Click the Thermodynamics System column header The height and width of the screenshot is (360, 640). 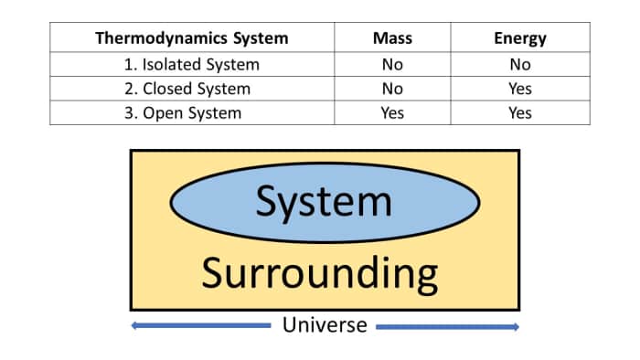(192, 38)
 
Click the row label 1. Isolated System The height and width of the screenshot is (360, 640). (192, 65)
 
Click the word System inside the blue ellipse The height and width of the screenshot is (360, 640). (324, 201)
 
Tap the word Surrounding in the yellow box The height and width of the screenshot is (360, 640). (319, 272)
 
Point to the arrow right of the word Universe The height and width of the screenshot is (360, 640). (447, 326)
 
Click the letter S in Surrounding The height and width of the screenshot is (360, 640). (213, 272)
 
